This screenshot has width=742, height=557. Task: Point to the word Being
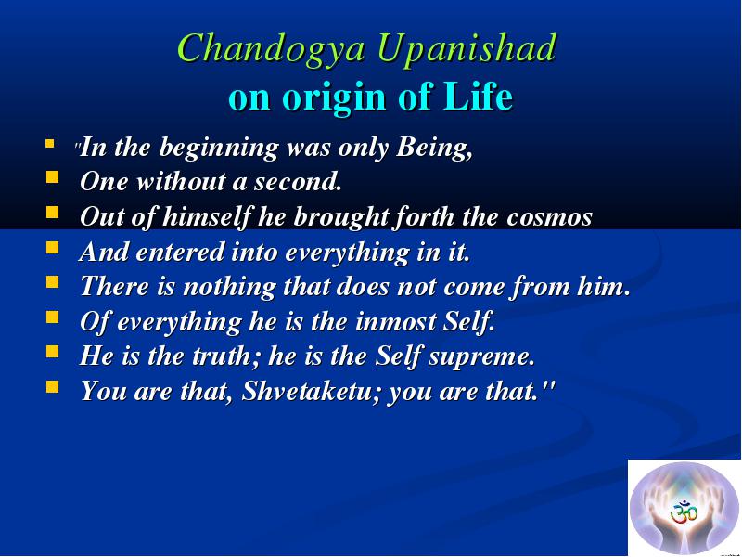[434, 149]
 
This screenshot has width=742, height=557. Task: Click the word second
[298, 182]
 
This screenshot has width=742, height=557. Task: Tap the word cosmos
[549, 218]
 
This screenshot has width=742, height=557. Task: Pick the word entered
[179, 252]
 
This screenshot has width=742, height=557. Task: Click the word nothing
[229, 287]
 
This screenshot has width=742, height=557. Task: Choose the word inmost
[396, 321]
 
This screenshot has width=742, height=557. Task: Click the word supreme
[481, 357]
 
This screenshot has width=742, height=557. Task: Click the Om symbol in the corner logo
[684, 512]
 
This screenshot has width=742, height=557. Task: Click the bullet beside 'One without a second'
[53, 177]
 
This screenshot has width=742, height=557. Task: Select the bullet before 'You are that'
[53, 387]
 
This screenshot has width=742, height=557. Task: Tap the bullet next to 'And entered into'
[53, 247]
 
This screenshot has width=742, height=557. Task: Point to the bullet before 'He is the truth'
[53, 352]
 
